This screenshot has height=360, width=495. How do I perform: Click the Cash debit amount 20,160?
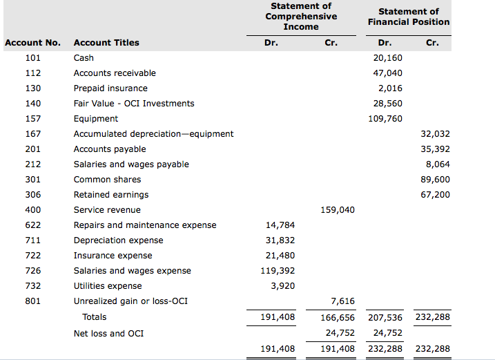coord(387,58)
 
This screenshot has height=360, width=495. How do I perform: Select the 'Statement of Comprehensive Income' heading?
coord(301,17)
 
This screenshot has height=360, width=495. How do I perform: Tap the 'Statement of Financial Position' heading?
coord(408,17)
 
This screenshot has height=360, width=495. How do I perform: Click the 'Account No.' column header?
coord(33,43)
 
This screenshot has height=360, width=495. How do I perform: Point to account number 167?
coord(33,134)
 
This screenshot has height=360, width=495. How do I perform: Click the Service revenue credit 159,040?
coord(338,210)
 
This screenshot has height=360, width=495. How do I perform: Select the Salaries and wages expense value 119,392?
coord(278,271)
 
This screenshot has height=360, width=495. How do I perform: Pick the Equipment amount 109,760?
coord(385,119)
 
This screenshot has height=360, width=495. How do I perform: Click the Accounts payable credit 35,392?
coord(435,149)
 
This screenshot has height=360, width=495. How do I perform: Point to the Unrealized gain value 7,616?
coord(342,301)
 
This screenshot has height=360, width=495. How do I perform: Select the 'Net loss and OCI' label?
coord(108,334)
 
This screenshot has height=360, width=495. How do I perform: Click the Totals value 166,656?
coord(338,318)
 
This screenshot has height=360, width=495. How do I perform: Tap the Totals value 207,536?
coord(385,318)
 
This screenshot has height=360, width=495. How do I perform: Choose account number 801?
coord(33,301)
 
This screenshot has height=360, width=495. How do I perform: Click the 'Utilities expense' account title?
coord(108,286)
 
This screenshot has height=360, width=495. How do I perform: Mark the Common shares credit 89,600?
coord(435,180)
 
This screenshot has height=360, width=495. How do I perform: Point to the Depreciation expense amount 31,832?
coord(280,240)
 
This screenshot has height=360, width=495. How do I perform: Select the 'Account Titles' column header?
coord(106,43)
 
